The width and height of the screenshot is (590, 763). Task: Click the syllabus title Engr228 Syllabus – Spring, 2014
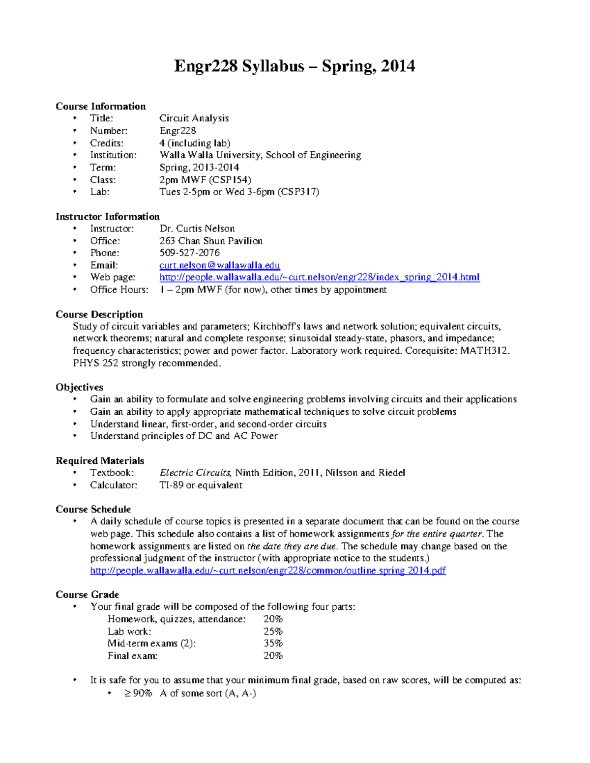click(x=294, y=66)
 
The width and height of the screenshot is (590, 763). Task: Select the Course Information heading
click(x=100, y=106)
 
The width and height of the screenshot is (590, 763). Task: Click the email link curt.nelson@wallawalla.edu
click(x=219, y=265)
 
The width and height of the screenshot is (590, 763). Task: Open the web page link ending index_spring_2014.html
click(x=320, y=277)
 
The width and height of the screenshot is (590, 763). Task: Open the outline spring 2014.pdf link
click(x=268, y=570)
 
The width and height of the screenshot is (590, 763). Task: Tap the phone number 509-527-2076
click(x=189, y=253)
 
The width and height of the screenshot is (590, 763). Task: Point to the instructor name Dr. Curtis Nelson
click(x=197, y=228)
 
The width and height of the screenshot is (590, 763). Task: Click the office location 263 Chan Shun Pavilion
click(x=210, y=241)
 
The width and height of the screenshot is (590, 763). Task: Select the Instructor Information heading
click(x=107, y=217)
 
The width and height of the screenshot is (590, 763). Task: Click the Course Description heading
click(x=99, y=314)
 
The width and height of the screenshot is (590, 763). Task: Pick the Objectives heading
click(x=79, y=387)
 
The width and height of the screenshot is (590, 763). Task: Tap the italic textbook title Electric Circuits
click(x=195, y=473)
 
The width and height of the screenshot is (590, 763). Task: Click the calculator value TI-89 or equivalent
click(x=201, y=485)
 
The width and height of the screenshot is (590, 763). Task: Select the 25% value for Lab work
click(x=273, y=631)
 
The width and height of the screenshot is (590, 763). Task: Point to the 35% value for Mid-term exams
click(x=273, y=643)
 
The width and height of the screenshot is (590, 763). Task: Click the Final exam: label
click(x=132, y=656)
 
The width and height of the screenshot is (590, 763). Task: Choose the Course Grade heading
click(x=87, y=594)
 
